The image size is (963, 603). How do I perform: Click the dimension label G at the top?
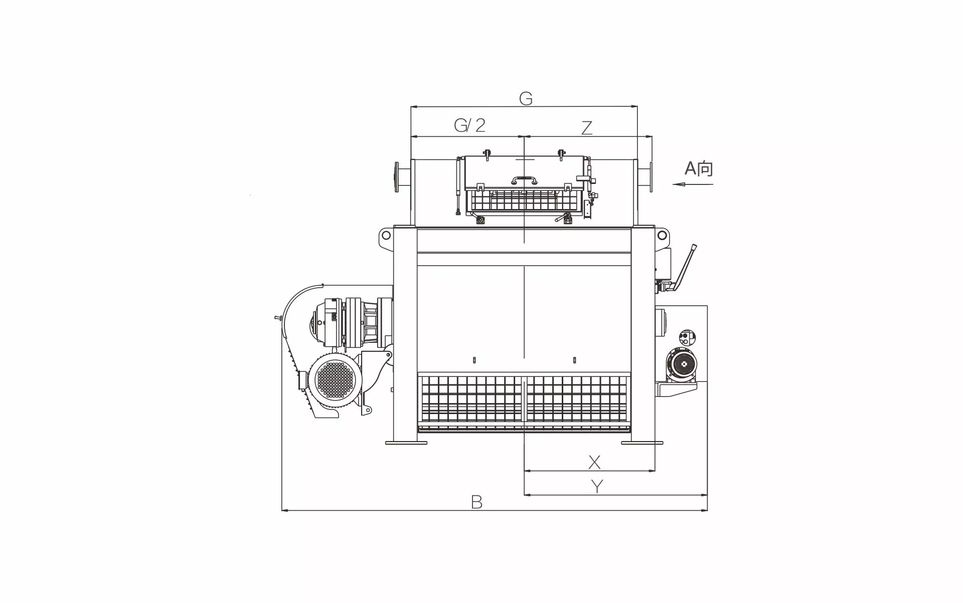525,99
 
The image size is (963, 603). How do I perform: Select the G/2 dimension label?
469,125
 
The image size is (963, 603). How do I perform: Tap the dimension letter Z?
587,128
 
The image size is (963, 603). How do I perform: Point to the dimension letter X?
594,462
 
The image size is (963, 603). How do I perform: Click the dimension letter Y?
597,486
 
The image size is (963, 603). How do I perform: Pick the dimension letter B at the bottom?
476,502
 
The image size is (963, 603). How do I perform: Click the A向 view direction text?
699,169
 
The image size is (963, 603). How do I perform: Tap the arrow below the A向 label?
693,184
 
